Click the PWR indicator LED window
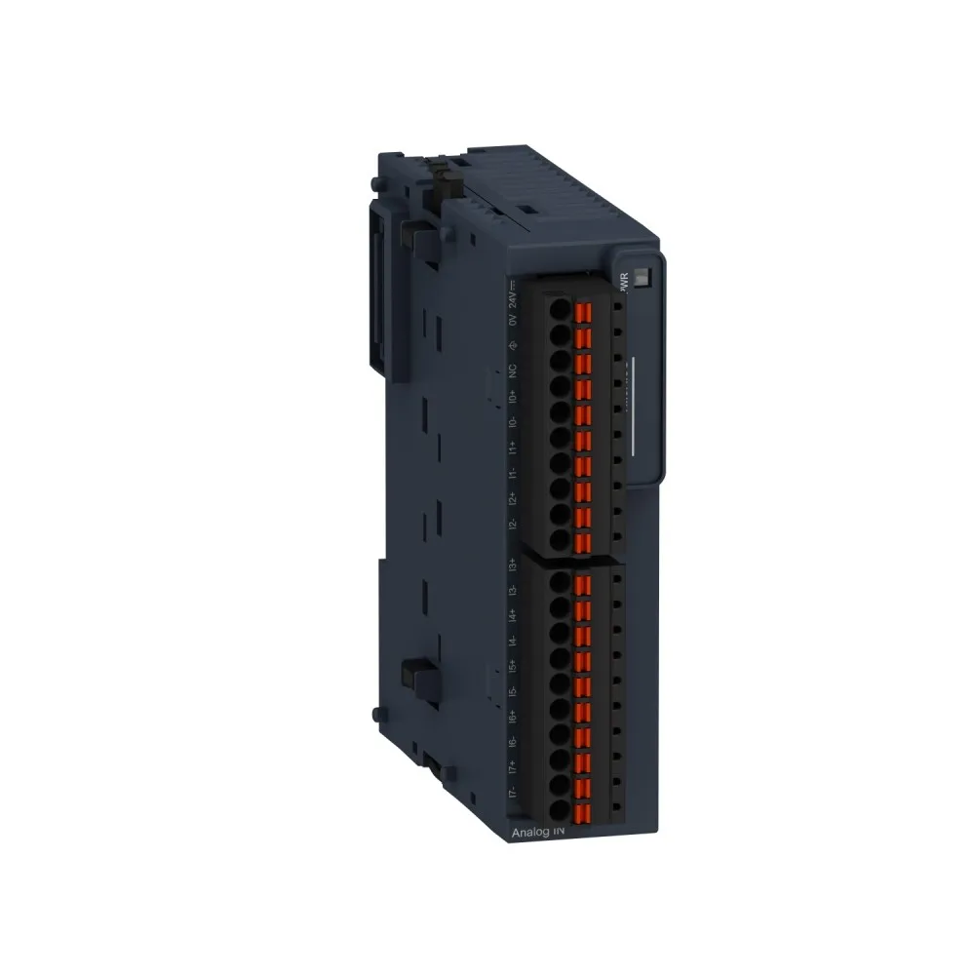tap(643, 276)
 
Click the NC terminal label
tap(512, 371)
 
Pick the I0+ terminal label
tap(512, 397)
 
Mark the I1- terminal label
tap(512, 474)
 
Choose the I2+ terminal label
tap(512, 498)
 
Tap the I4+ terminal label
tap(512, 616)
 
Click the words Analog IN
tap(537, 833)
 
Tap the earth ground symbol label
tap(512, 345)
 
